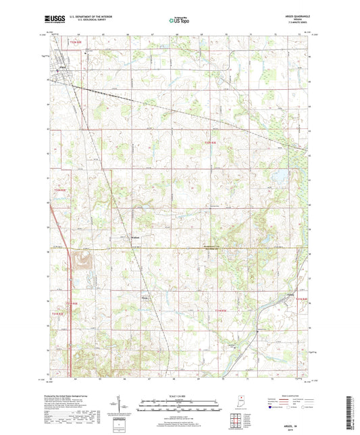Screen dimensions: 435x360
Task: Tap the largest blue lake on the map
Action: (275, 179)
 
